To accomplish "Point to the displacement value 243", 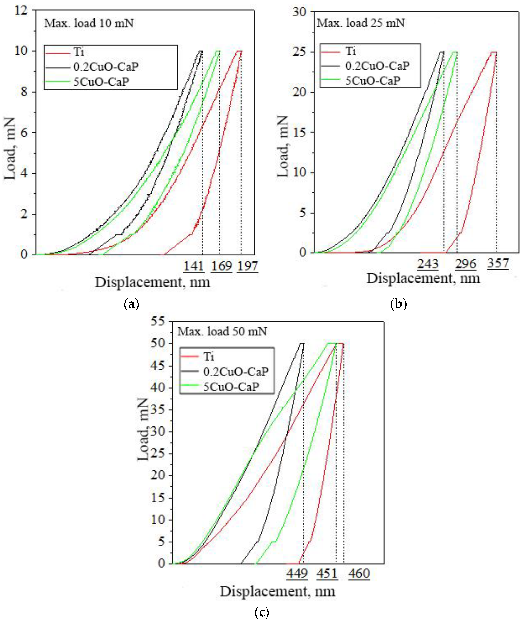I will (x=428, y=264).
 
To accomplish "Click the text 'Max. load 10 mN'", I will (x=89, y=23).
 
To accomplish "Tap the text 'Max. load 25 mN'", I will (x=361, y=23).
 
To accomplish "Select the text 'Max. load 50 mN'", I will (x=222, y=331).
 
